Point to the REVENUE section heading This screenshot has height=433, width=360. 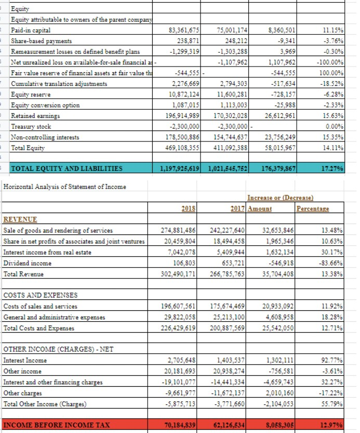[20, 220]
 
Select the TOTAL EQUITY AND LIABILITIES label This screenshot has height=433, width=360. [67, 168]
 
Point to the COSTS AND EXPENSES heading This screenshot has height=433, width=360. [41, 295]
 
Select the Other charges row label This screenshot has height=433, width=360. [24, 393]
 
